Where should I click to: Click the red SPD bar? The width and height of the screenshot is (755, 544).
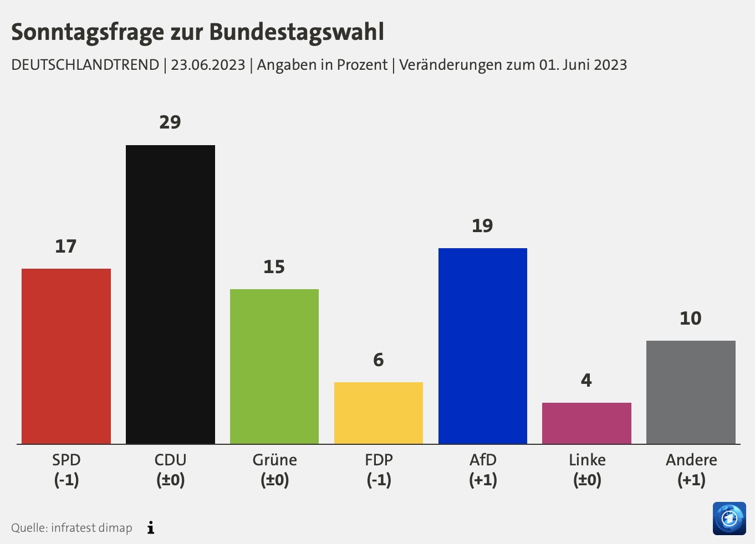click(66, 356)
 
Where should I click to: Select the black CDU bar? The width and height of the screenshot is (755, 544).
click(170, 294)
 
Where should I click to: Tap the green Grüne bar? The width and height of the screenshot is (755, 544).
click(274, 366)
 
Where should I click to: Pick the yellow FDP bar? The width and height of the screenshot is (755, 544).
click(379, 413)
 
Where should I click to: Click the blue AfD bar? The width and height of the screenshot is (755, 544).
click(482, 346)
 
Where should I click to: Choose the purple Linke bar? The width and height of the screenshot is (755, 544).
click(586, 423)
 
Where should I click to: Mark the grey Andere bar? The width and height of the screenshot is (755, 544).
click(691, 392)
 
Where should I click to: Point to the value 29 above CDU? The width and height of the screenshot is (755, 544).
click(170, 122)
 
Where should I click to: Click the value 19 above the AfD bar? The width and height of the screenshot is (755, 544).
click(482, 226)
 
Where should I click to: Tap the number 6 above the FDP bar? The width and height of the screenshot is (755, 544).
click(379, 360)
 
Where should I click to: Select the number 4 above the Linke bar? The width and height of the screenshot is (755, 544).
click(586, 381)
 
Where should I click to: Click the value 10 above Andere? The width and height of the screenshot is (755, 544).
click(691, 319)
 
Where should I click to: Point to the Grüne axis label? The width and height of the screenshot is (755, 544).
click(274, 460)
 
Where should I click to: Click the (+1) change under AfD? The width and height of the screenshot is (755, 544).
click(483, 480)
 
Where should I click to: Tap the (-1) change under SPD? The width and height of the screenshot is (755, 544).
click(67, 480)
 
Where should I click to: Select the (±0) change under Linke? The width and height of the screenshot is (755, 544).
click(587, 480)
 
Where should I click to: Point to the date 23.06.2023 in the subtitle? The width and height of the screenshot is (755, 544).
click(208, 65)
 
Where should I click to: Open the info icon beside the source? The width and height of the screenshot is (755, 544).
click(151, 528)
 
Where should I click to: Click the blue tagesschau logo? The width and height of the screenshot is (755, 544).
click(729, 519)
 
